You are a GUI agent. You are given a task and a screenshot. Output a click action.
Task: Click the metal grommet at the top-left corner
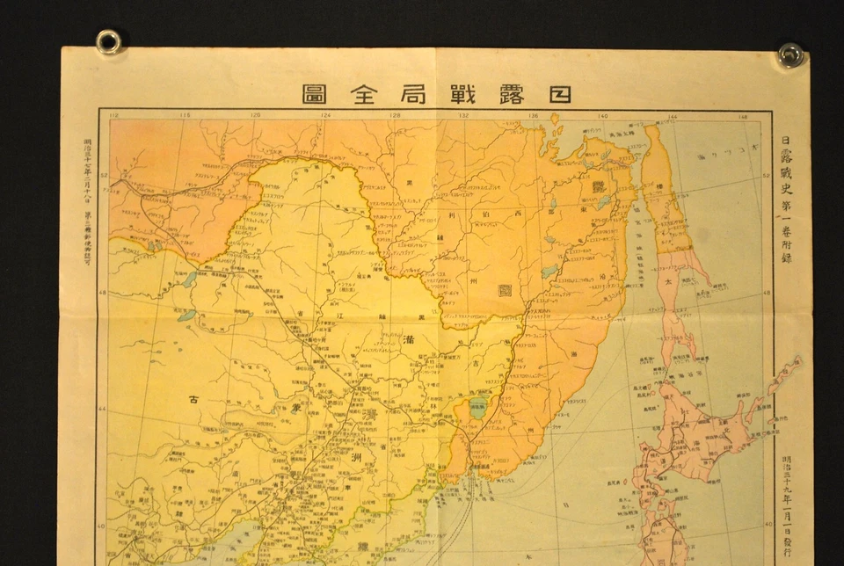click(x=109, y=41)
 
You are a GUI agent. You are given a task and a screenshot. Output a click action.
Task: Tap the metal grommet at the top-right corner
click(x=789, y=54)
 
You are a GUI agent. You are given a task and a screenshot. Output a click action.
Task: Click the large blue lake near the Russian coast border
click(x=477, y=406)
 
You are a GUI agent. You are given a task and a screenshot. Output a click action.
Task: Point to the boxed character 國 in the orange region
click(x=505, y=290)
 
